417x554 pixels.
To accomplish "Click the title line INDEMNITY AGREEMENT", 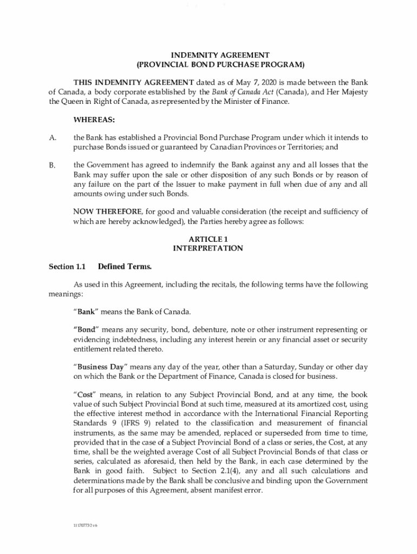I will pyautogui.click(x=220, y=55).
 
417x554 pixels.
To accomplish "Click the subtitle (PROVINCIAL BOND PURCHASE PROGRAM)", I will pyautogui.click(x=220, y=64).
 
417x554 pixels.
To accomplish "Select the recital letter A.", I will pyautogui.click(x=53, y=138).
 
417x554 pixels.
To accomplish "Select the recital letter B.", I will pyautogui.click(x=53, y=165).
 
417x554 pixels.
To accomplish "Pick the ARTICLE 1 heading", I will pyautogui.click(x=207, y=239).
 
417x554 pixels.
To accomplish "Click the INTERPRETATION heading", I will pyautogui.click(x=207, y=248).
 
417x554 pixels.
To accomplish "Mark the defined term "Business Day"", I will pyautogui.click(x=100, y=367).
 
